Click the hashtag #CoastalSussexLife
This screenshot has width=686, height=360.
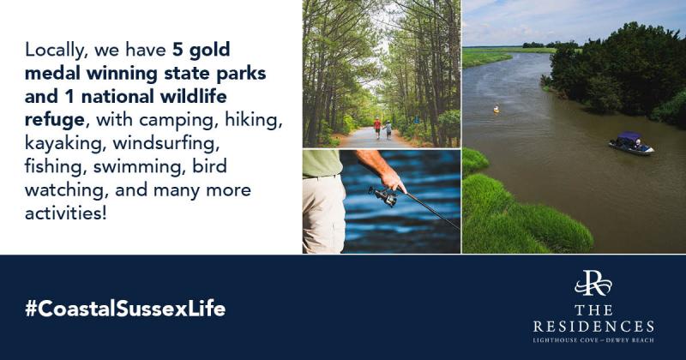point(125,309)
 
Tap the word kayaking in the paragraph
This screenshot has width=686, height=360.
point(64,143)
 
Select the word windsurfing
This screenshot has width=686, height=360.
point(166,143)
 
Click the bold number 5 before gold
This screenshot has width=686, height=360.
point(178,50)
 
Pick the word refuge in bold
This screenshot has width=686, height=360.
point(55,120)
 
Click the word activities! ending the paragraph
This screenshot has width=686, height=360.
point(66,213)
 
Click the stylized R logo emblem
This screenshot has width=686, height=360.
point(593,284)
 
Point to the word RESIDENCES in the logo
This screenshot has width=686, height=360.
point(593,327)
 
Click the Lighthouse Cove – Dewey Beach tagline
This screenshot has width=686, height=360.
point(593,340)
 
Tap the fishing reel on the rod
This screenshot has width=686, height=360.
point(383,195)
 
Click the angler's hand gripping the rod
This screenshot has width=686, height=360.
point(393,178)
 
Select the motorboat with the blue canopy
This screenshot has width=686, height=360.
point(631,143)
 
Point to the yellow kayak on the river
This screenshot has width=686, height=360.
point(496,110)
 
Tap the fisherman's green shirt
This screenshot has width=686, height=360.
point(322,163)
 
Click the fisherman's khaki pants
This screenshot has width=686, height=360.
point(324,214)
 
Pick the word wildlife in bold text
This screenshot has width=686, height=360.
point(194,97)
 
